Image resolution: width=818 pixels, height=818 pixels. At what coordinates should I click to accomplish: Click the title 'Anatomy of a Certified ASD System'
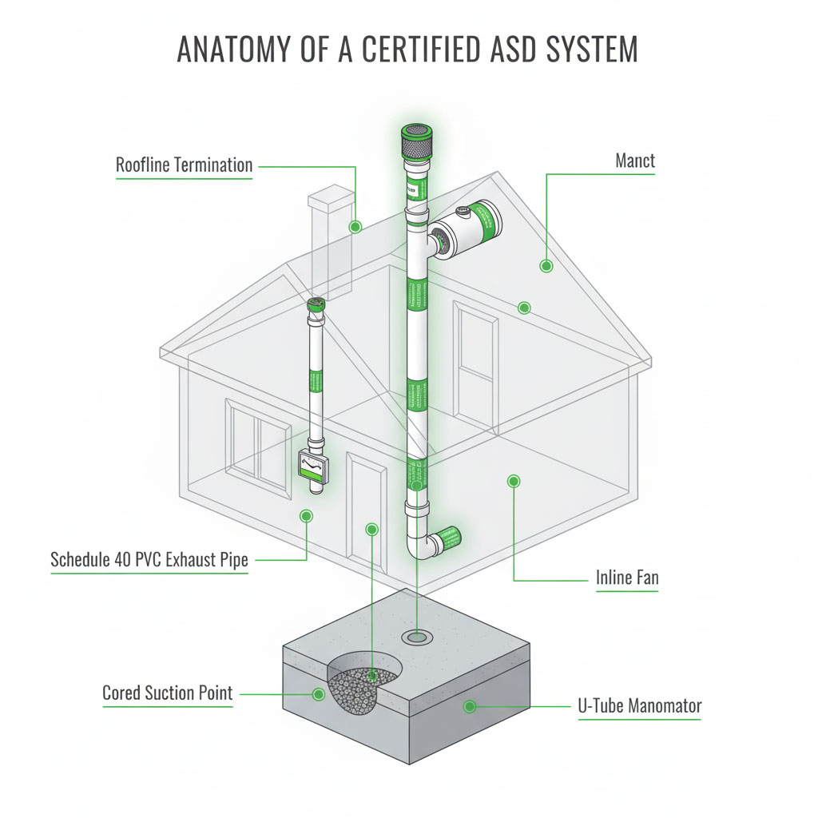(x=407, y=50)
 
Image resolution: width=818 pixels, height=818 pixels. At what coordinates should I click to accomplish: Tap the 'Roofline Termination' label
(x=184, y=166)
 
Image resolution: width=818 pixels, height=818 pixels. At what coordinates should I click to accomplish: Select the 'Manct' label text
(x=635, y=161)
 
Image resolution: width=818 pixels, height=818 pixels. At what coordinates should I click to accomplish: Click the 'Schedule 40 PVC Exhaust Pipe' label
(x=149, y=559)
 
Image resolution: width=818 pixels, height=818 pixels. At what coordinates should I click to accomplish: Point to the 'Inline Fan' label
(x=627, y=577)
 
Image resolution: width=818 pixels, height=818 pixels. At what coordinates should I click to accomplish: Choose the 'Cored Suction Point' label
(x=168, y=693)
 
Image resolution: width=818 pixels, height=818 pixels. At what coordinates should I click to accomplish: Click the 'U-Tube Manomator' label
(x=639, y=706)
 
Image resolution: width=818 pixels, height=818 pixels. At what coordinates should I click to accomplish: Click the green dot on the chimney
(x=355, y=227)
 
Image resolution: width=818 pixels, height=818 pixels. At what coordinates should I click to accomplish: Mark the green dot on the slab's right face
(x=470, y=706)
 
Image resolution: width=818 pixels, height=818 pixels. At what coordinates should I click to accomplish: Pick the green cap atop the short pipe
(x=316, y=304)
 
